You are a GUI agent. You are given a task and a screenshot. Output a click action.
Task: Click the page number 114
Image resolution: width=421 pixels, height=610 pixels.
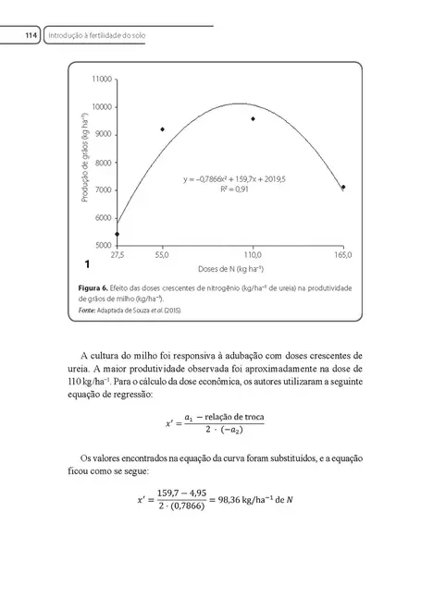tap(31, 36)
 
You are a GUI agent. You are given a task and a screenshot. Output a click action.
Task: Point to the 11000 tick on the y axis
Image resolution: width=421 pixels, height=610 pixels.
tap(102, 79)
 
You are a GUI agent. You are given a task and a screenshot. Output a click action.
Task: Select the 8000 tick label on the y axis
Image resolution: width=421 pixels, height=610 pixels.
tap(102, 163)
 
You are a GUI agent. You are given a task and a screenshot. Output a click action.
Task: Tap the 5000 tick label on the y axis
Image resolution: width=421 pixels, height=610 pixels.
tap(102, 245)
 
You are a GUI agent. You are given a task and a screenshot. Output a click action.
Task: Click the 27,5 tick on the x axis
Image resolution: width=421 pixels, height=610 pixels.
tap(118, 254)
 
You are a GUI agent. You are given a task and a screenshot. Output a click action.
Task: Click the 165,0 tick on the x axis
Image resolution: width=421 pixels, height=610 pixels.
tap(343, 254)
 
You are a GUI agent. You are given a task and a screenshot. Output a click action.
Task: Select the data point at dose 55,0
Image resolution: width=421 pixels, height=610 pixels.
tap(163, 129)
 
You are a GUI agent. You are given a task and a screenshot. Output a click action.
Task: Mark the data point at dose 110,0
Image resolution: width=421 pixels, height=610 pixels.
tap(253, 119)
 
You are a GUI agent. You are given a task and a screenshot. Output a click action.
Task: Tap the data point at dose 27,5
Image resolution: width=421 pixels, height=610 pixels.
tap(118, 234)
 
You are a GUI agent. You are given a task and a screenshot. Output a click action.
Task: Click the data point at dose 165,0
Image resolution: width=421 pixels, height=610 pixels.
tap(343, 187)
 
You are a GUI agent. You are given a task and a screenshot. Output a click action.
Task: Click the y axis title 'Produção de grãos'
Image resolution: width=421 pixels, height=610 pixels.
tap(84, 163)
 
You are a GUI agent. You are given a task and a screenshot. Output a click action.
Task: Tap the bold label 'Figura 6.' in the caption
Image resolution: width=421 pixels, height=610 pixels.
tap(92, 289)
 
